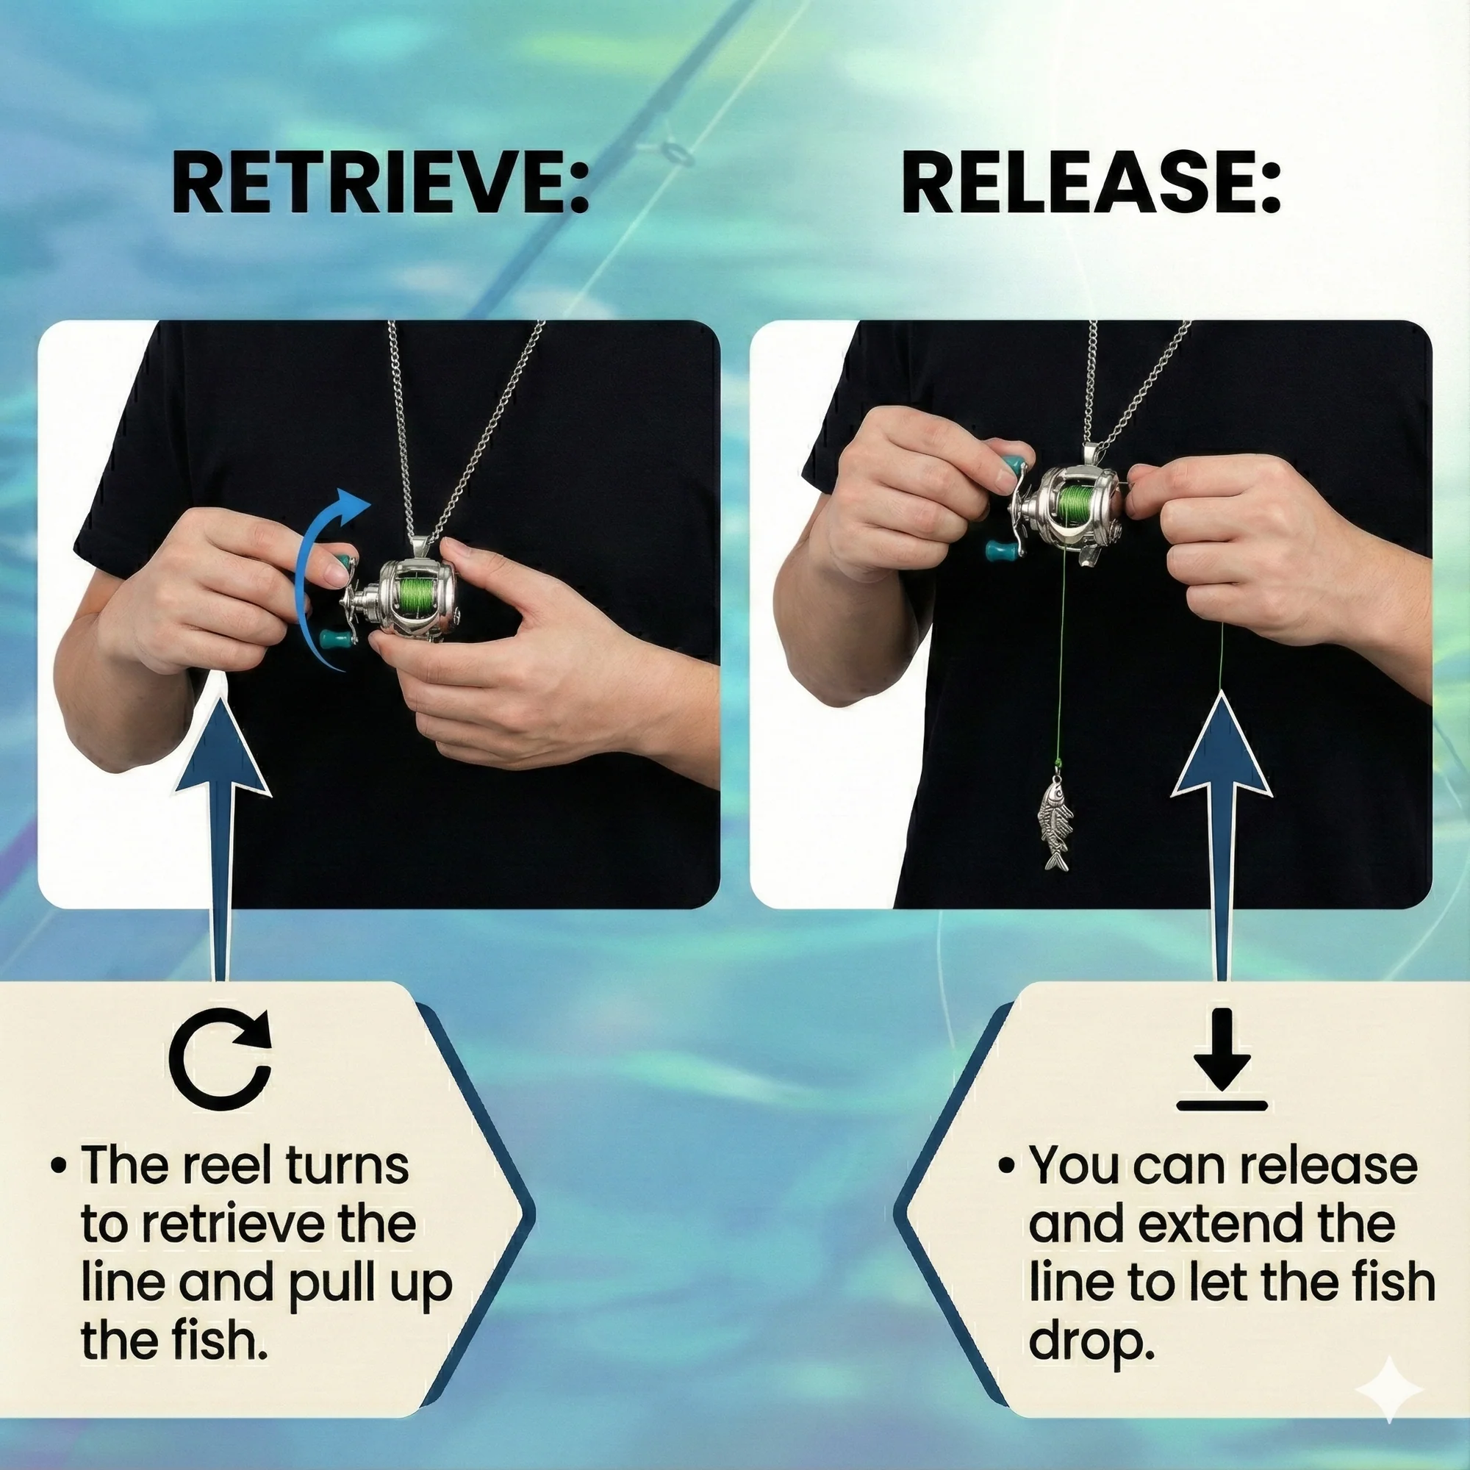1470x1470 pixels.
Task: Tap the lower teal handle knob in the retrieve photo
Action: pyautogui.click(x=334, y=640)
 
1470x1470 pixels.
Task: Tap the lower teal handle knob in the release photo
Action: pyautogui.click(x=999, y=549)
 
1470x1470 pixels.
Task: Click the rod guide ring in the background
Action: pyautogui.click(x=676, y=151)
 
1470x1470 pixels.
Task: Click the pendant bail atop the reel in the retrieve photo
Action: pyautogui.click(x=419, y=545)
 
